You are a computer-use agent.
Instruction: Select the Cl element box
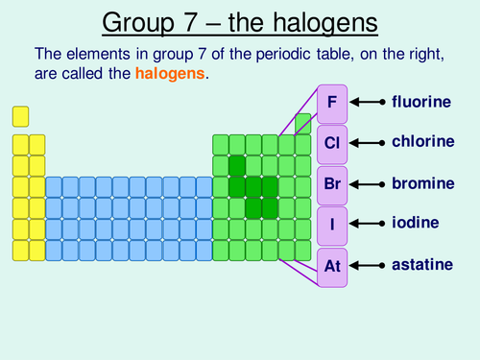pos(332,143)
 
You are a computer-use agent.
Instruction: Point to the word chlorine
pos(421,141)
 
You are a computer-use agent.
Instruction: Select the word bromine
pos(421,182)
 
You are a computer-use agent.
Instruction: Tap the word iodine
pos(416,223)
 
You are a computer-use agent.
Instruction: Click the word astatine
pos(420,264)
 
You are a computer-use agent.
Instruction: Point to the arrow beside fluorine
pos(369,101)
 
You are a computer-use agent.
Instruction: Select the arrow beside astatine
pos(369,264)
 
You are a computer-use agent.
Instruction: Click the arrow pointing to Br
pos(369,182)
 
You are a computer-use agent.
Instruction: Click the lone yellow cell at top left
pos(20,116)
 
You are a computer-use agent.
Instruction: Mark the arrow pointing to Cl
pos(369,142)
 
